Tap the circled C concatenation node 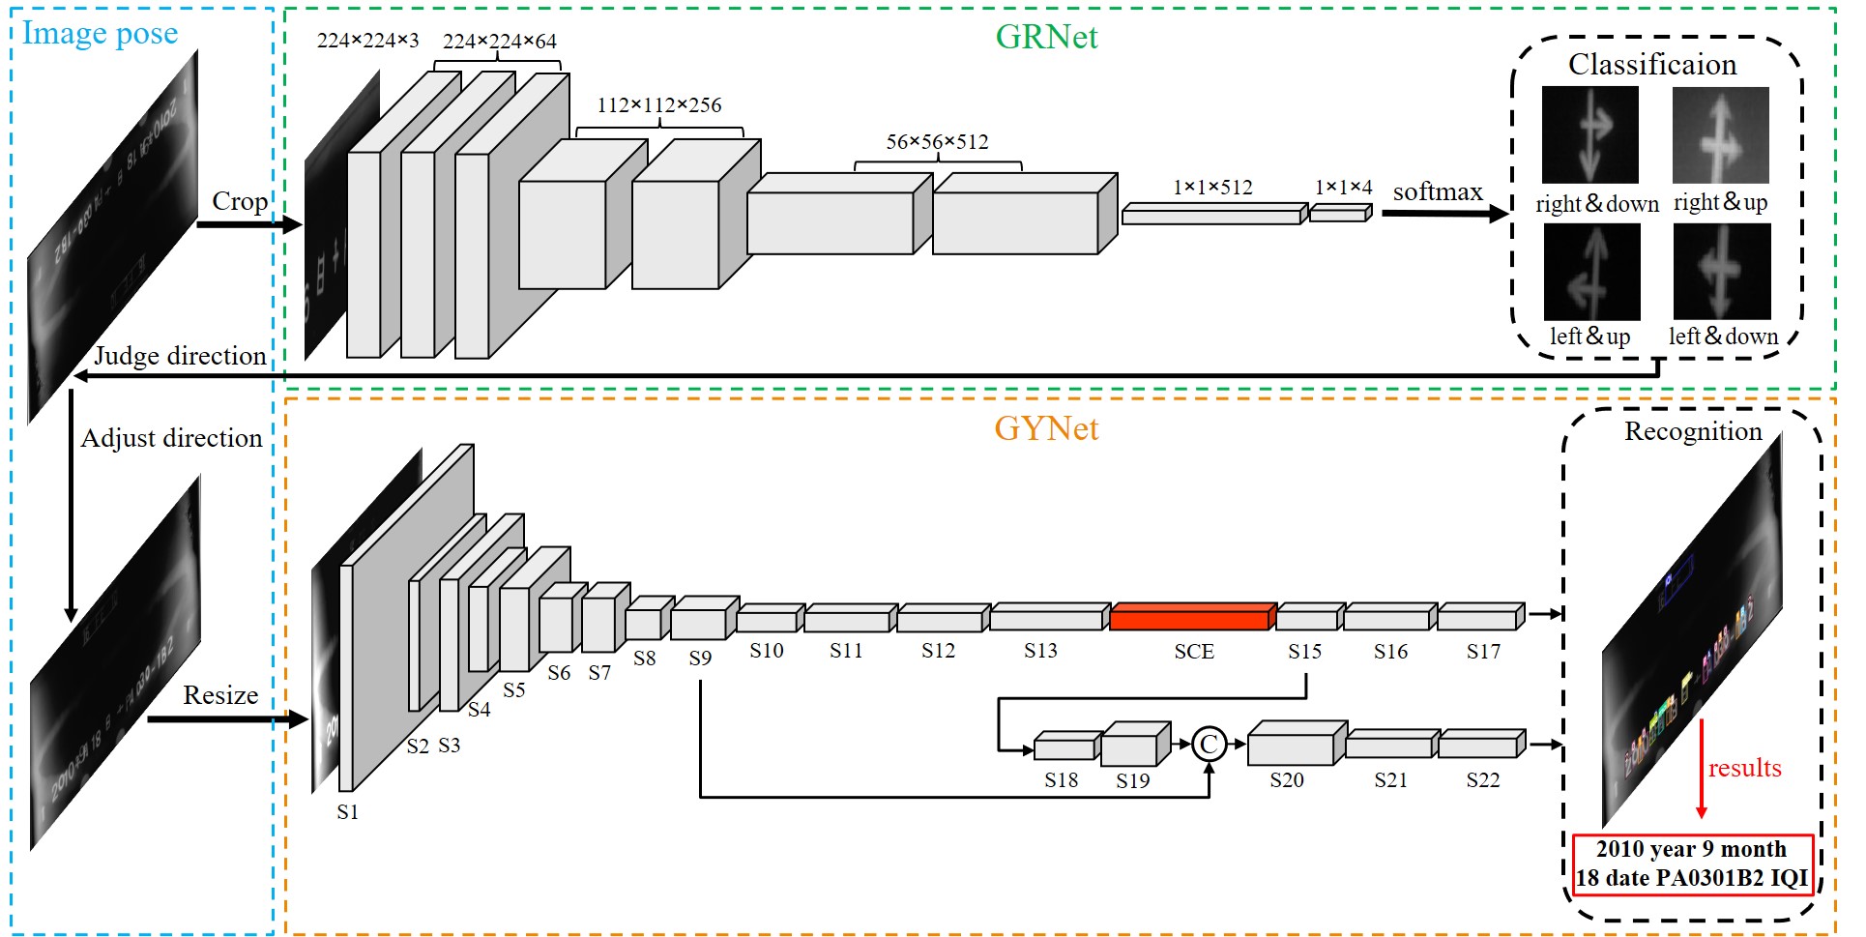(1209, 744)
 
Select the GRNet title (1046, 37)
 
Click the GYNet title (1046, 428)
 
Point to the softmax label (1438, 191)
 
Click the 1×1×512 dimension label (1212, 188)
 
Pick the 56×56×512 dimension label (937, 142)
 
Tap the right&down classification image (1589, 135)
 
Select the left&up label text (1589, 337)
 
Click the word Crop (239, 201)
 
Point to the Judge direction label (180, 356)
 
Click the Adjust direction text (171, 438)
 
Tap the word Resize (220, 695)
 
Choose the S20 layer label (1287, 780)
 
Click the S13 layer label (1040, 651)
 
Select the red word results (1744, 768)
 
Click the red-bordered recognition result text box (1692, 864)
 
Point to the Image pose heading (101, 33)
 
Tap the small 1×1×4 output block (1340, 214)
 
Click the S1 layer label (347, 812)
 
